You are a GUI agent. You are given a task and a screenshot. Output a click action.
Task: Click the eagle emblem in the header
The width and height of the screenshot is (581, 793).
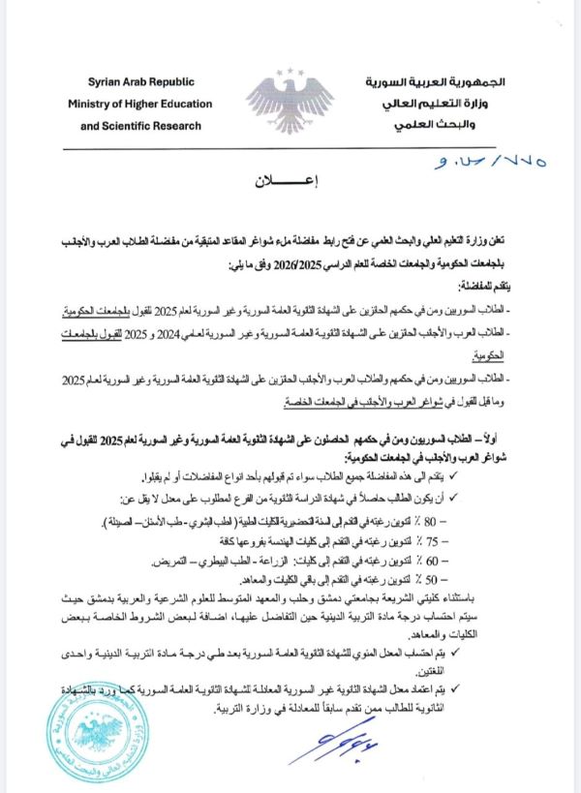(290, 99)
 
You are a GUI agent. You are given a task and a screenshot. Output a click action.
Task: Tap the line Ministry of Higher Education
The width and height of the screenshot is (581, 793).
(136, 103)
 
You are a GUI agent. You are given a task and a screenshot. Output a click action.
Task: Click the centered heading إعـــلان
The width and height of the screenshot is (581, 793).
(289, 181)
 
